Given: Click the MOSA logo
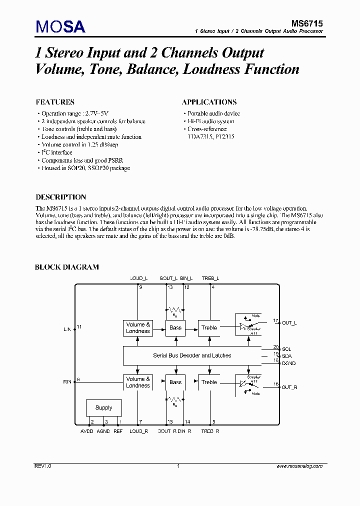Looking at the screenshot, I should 60,26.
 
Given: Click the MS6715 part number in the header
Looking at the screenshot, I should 307,23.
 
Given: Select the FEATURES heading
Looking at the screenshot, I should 55,102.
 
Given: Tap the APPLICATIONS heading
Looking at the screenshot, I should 209,102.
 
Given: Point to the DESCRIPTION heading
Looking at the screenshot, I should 60,197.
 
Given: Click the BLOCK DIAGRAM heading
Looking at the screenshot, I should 66,267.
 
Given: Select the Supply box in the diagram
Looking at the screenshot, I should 103,407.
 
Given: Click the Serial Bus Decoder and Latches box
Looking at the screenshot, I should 192,355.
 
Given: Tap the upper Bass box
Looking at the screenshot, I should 175,327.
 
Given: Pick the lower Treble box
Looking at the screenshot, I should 209,382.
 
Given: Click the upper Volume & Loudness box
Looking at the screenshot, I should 138,327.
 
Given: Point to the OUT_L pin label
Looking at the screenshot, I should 289,323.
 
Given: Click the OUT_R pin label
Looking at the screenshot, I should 289,387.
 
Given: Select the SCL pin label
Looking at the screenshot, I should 286,349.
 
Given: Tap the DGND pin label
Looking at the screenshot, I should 289,363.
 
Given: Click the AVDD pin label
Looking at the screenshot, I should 87,431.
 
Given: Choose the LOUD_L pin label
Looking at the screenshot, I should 138,278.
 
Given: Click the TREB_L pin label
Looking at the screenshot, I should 210,278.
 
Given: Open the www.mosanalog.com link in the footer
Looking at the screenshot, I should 299,466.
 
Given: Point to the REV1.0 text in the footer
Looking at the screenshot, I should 43,466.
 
